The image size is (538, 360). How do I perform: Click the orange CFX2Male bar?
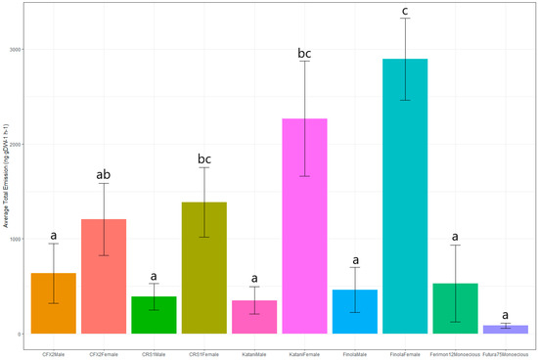pyautogui.click(x=53, y=303)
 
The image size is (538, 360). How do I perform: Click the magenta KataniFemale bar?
pyautogui.click(x=304, y=226)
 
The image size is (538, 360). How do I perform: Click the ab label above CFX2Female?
pyautogui.click(x=103, y=175)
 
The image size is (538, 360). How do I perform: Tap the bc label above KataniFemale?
pyautogui.click(x=304, y=51)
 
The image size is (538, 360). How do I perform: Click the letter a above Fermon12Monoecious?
pyautogui.click(x=455, y=236)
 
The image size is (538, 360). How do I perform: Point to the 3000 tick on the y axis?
pyautogui.click(x=16, y=49)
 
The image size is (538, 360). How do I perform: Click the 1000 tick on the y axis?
pyautogui.click(x=16, y=239)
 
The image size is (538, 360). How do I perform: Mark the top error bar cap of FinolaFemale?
pyautogui.click(x=405, y=19)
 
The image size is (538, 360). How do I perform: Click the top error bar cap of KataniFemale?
pyautogui.click(x=304, y=62)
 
